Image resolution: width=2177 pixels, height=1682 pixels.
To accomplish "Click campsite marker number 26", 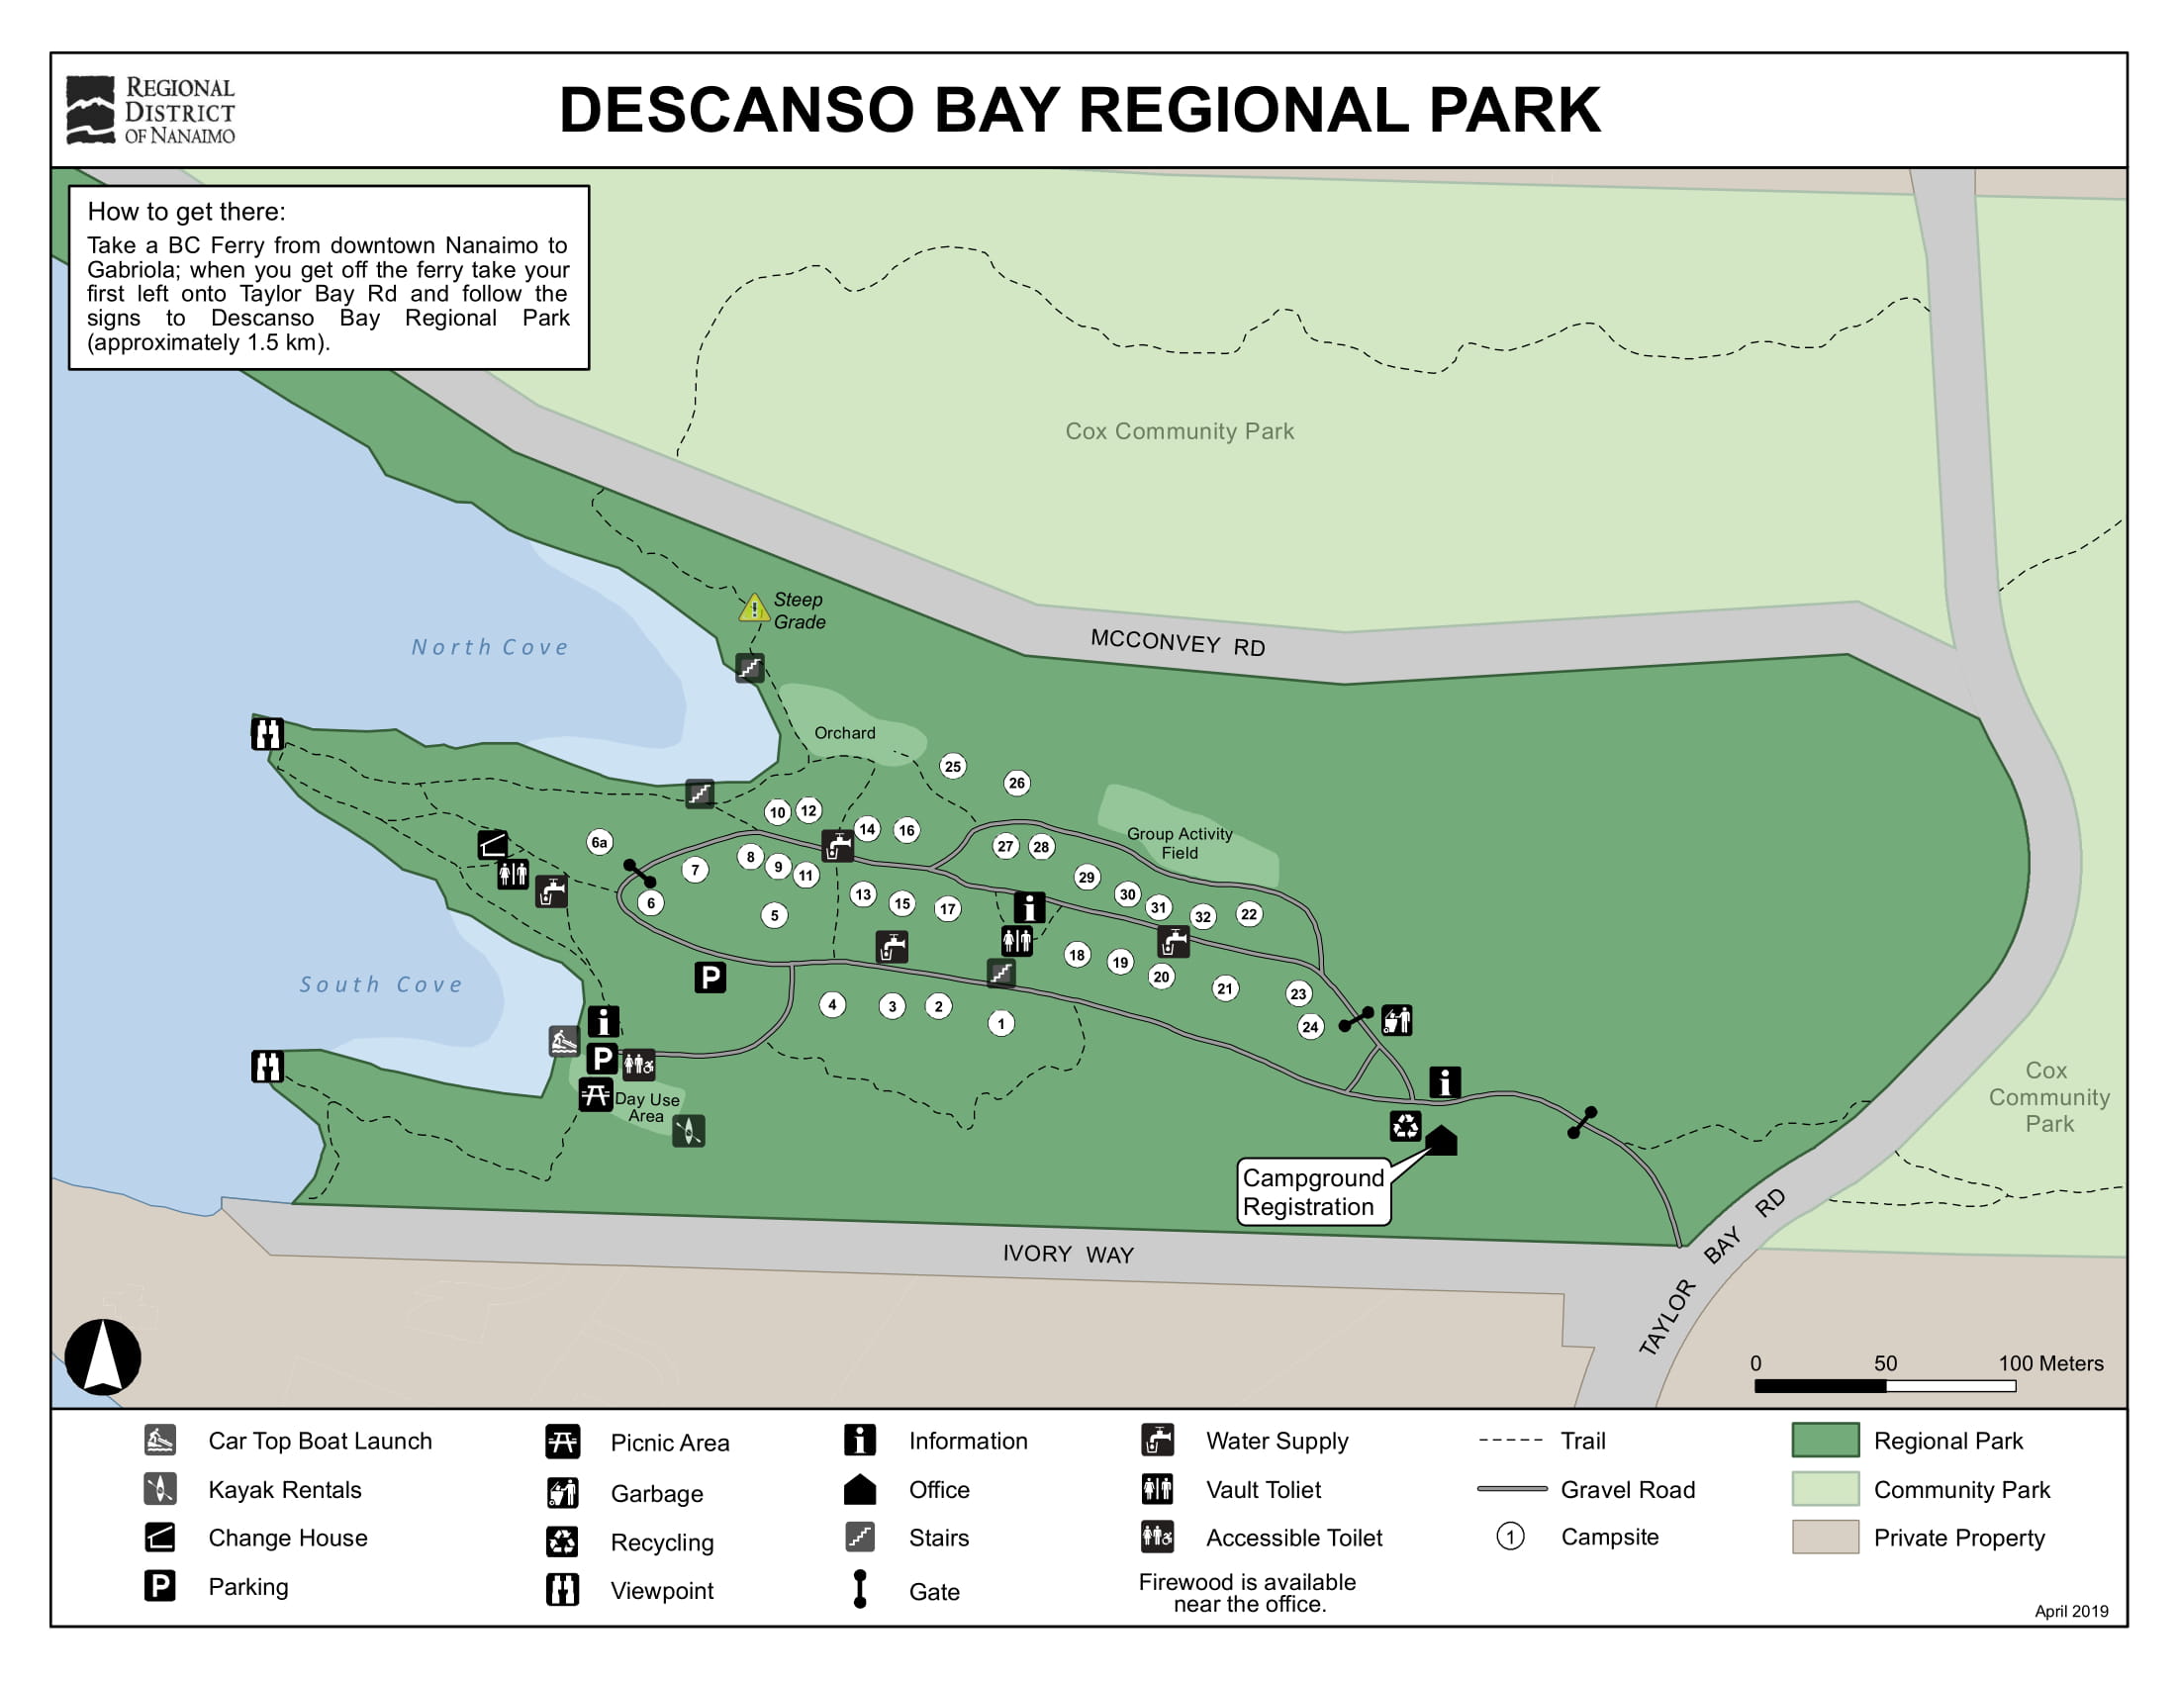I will (1015, 783).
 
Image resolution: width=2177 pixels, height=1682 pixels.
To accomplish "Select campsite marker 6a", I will (599, 842).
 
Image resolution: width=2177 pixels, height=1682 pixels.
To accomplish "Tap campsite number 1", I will (1000, 1022).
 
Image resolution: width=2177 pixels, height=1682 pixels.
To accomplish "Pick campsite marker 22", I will (1248, 914).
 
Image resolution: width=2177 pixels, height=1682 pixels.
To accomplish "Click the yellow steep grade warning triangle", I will (754, 607).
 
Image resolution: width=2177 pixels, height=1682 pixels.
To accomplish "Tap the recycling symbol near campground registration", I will (1404, 1126).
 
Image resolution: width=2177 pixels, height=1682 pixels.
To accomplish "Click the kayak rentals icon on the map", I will (688, 1131).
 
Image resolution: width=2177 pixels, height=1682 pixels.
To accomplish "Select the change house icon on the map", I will (492, 845).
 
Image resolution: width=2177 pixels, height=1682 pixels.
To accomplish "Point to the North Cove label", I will (490, 647).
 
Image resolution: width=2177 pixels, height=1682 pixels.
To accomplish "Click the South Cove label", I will (381, 984).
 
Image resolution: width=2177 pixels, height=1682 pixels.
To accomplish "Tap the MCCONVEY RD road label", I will (1178, 643).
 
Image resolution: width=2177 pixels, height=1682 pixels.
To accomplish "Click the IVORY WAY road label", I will (1068, 1254).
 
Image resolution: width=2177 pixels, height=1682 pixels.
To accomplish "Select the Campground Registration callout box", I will (1313, 1192).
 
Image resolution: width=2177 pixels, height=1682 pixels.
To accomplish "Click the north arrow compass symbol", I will (103, 1356).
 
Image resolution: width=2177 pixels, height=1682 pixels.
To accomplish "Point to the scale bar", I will (1884, 1386).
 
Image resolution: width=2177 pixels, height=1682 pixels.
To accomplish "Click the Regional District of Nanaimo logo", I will (150, 111).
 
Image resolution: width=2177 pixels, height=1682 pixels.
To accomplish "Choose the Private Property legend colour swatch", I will (1824, 1537).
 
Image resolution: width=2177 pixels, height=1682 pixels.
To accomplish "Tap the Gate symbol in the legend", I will (859, 1588).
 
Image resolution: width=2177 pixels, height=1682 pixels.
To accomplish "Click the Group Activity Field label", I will (1180, 843).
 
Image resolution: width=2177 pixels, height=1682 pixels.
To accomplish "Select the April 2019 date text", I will (2070, 1611).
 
